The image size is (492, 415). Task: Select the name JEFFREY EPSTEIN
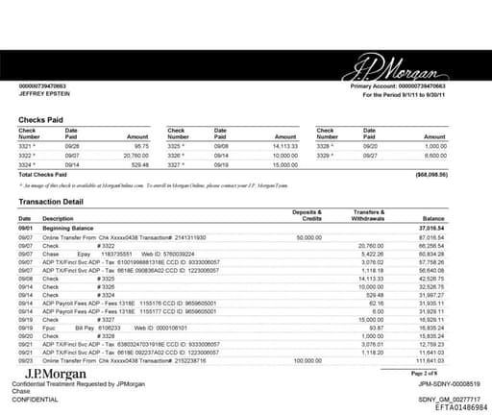pos(45,96)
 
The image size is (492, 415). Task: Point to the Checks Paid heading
pos(41,120)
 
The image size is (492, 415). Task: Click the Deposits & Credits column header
pos(307,214)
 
